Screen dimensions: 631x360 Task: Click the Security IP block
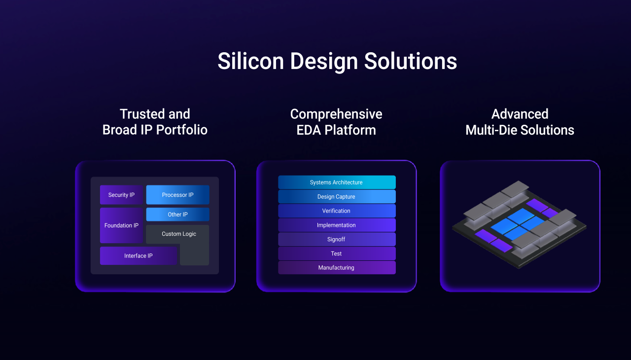pos(121,195)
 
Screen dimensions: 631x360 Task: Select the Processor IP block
pos(178,195)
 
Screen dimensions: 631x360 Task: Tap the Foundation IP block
pos(121,225)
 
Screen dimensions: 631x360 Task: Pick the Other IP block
pos(178,215)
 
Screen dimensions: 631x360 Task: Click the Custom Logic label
pos(179,234)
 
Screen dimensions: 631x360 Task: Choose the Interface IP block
pos(139,256)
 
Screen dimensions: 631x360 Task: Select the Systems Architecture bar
pos(337,182)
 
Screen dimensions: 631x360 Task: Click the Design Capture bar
pos(337,197)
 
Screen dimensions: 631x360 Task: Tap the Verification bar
pos(337,211)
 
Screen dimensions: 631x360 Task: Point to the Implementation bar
pos(337,225)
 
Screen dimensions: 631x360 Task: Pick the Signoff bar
pos(337,239)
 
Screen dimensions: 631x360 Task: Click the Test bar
pos(337,253)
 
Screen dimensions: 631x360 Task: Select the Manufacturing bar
pos(337,268)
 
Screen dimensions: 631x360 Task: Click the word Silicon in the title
pos(251,61)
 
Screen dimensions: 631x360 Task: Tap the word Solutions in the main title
pos(411,61)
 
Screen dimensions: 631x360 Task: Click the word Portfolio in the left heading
pos(182,130)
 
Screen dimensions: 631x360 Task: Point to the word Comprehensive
pos(336,114)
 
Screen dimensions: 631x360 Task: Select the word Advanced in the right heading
pos(520,114)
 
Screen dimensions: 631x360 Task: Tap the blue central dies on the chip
pos(518,224)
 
